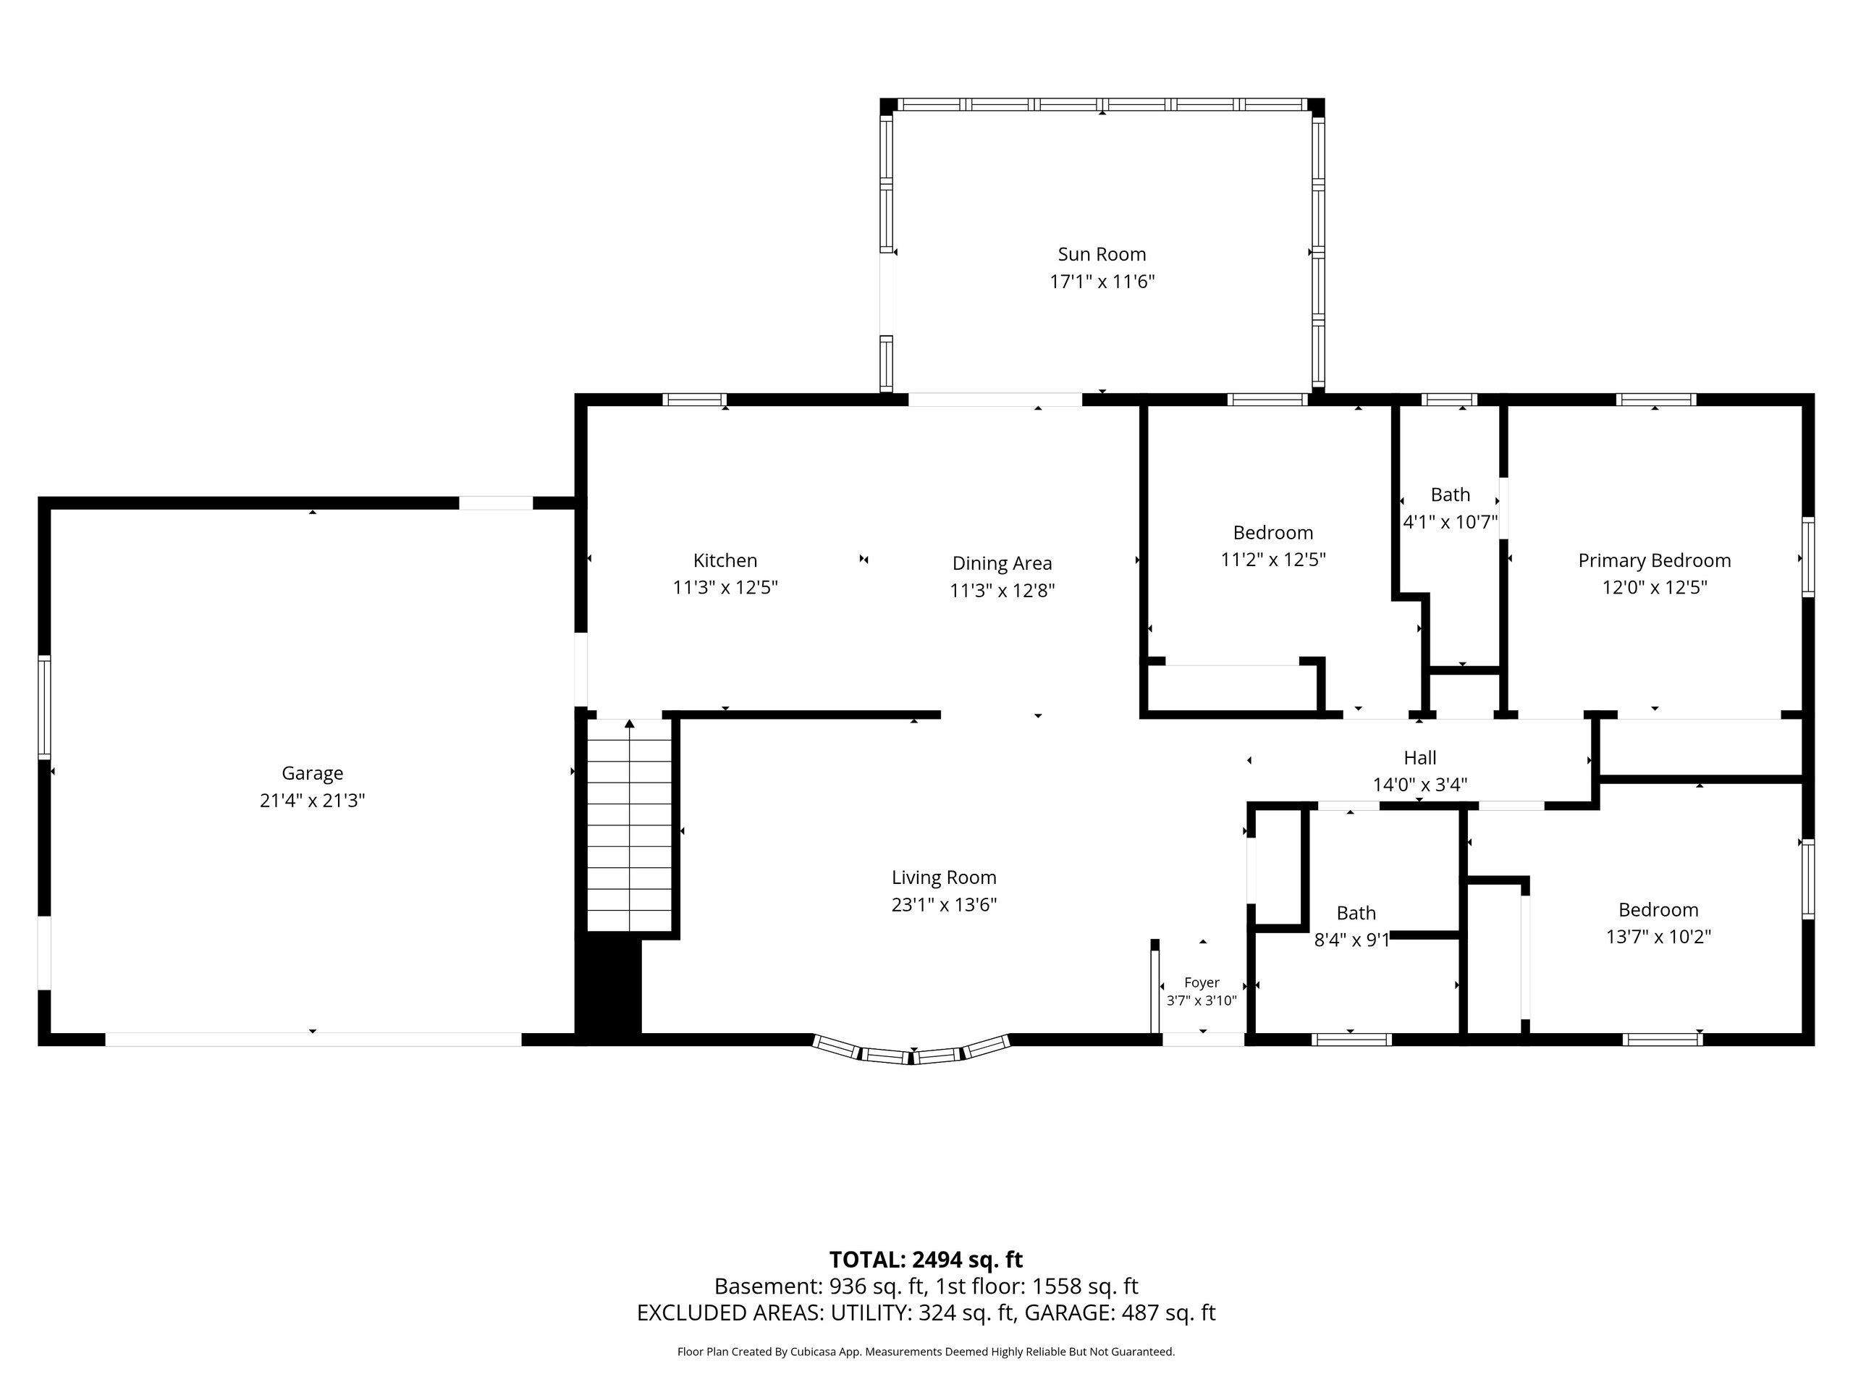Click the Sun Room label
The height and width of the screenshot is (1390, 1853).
coord(1102,254)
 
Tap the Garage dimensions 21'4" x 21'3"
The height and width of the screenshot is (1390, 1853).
coord(313,800)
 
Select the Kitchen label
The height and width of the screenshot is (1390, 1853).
coord(725,560)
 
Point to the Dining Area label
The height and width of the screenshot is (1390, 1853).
coord(1002,563)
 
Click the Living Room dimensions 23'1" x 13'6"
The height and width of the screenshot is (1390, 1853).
coord(944,905)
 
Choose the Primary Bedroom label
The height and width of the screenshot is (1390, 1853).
coord(1655,560)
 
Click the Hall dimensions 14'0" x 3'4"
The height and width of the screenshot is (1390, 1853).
coord(1420,785)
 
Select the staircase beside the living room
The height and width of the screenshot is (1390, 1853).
coord(629,825)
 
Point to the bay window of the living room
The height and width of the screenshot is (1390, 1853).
coord(911,1051)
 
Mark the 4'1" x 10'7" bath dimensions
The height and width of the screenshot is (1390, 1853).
coord(1450,522)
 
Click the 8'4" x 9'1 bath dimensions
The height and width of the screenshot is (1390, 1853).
coord(1352,940)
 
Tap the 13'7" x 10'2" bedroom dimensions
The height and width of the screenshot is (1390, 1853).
coord(1658,937)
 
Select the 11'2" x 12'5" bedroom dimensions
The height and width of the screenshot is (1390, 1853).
coord(1273,559)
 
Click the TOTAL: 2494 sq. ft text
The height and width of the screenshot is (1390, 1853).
coord(926,1259)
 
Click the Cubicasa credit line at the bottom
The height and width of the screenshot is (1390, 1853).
coord(926,1352)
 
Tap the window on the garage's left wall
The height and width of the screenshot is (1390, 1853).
coord(44,708)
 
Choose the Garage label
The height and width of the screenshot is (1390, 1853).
coord(313,773)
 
